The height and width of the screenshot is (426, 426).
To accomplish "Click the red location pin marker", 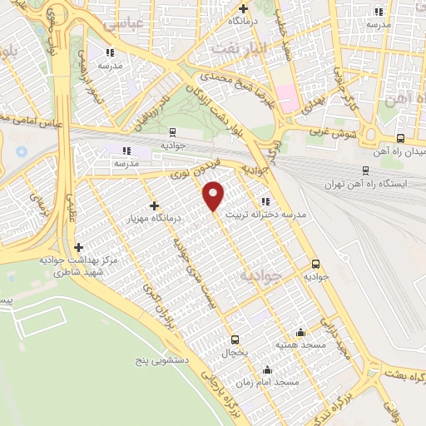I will click(215, 195).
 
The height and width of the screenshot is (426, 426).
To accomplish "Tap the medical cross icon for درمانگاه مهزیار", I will click(154, 206).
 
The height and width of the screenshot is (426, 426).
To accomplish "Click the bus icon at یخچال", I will click(235, 339).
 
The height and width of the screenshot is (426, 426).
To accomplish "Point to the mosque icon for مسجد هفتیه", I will click(300, 332).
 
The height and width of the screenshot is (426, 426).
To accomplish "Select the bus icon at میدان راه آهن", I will click(401, 139).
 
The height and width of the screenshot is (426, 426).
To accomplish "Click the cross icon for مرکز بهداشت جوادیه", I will click(79, 247).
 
